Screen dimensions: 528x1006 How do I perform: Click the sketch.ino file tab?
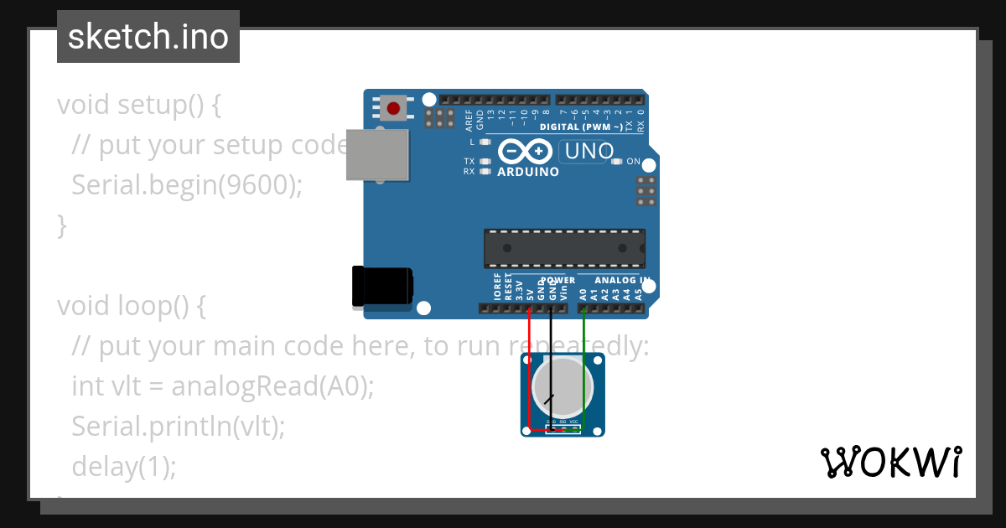pos(148,37)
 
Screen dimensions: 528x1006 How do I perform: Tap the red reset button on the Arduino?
pos(393,107)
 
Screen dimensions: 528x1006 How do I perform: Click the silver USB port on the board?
pos(377,154)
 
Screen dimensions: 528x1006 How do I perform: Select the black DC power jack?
pos(382,286)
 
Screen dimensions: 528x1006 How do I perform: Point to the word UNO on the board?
pos(589,152)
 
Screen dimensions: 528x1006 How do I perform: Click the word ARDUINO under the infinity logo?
pos(528,172)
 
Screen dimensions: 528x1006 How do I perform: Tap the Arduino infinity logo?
pos(525,152)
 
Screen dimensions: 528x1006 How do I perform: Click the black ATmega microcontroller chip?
pos(564,248)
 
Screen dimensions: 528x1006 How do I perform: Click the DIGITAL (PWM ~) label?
pos(582,127)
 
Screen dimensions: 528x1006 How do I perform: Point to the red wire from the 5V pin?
pos(530,369)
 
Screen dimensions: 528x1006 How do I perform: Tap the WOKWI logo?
pos(890,462)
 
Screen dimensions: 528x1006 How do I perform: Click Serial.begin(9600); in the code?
pos(186,184)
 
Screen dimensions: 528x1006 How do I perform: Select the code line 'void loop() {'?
pos(131,306)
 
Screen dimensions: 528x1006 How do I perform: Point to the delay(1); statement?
pos(124,466)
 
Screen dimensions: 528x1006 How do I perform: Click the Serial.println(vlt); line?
pos(179,426)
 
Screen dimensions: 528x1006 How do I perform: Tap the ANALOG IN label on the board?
pos(620,280)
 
